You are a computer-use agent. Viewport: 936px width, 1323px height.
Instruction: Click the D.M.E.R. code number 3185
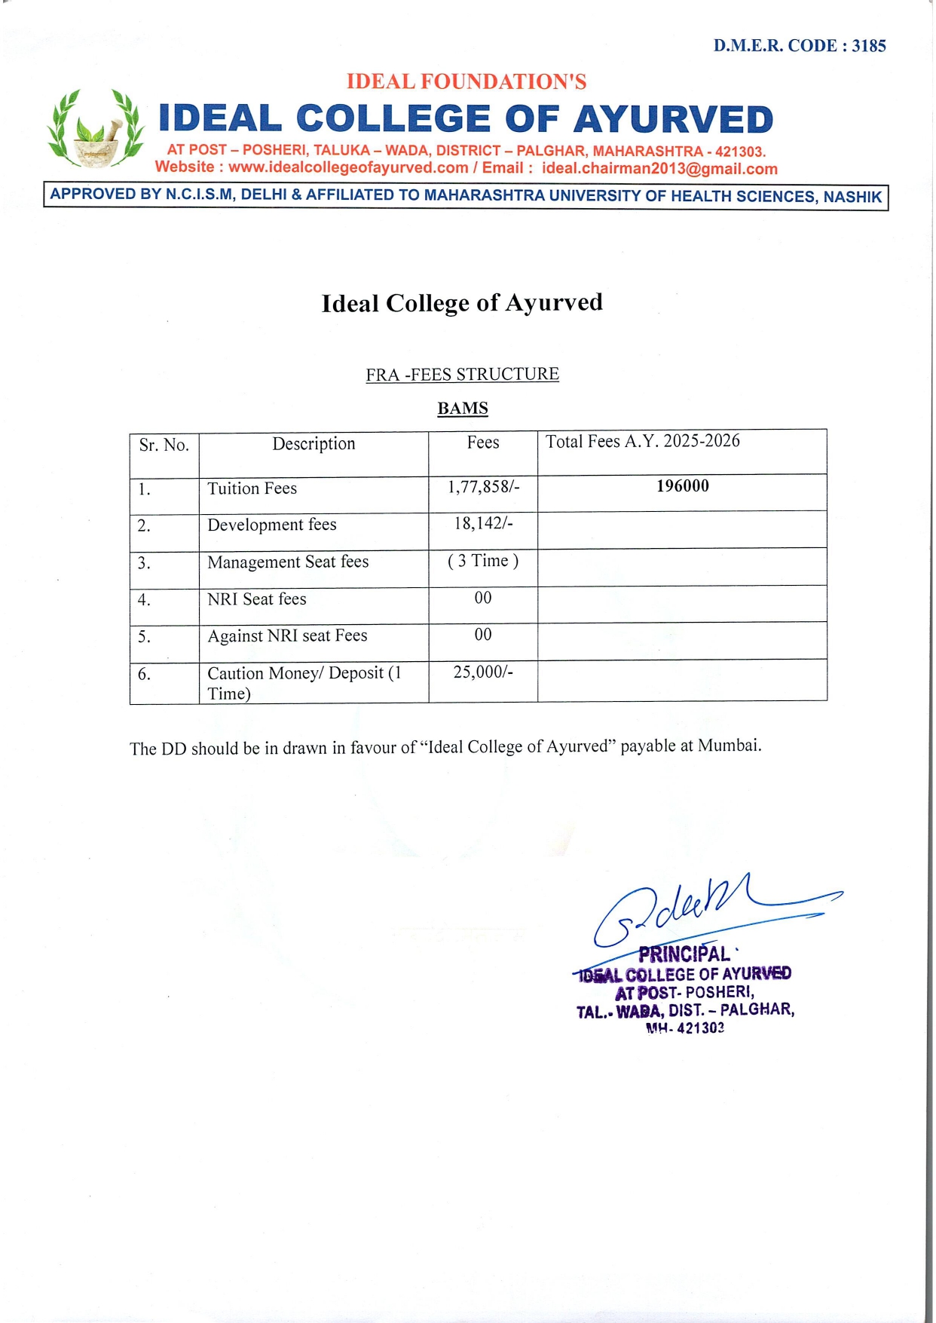point(868,46)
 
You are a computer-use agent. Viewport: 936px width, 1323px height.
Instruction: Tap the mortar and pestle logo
point(96,129)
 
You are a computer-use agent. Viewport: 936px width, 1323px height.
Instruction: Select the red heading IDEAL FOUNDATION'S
point(466,81)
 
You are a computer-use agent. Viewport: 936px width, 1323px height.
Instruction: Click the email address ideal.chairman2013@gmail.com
point(659,168)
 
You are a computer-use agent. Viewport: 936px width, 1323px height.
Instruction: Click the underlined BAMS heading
point(463,409)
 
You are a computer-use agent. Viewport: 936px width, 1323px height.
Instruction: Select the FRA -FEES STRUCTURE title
point(462,375)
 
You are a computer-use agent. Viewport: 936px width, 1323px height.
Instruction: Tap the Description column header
point(314,444)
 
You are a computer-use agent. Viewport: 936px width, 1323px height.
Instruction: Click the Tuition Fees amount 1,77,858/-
point(483,487)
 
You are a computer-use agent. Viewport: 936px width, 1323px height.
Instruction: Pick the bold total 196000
point(682,486)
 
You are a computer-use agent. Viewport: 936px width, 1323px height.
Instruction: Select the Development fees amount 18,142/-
point(483,523)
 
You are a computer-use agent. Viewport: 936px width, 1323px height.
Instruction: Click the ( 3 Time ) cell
point(483,561)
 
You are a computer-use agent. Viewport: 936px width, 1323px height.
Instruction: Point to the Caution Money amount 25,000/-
point(483,672)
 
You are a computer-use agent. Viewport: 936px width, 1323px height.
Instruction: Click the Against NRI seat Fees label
point(287,636)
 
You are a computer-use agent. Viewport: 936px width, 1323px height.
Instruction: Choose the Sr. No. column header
point(164,445)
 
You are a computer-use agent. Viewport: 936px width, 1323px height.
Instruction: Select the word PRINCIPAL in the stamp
point(684,954)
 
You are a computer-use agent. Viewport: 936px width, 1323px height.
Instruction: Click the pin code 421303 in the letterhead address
point(740,152)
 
